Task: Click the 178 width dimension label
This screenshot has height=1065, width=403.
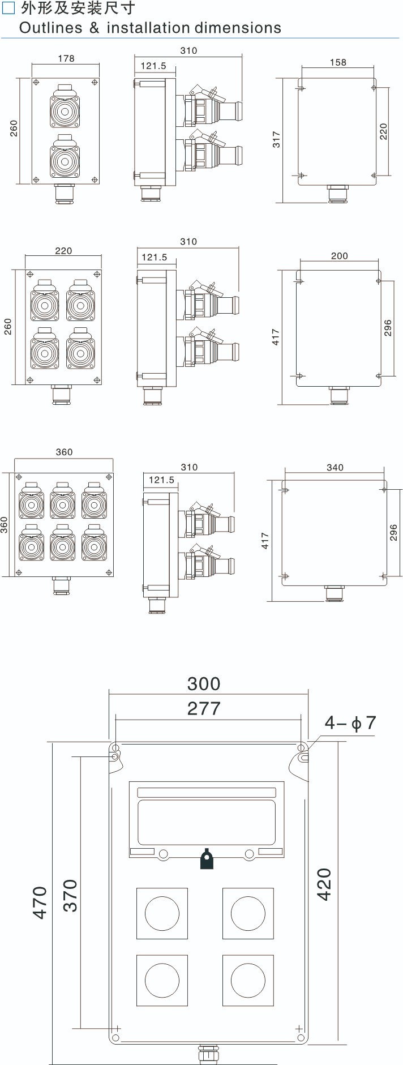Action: click(x=66, y=58)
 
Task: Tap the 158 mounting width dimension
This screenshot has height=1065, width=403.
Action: click(x=338, y=62)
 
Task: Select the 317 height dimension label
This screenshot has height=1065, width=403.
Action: click(x=276, y=139)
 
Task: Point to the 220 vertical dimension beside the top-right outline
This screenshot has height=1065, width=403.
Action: click(x=384, y=132)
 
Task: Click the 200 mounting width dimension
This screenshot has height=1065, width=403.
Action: click(x=339, y=256)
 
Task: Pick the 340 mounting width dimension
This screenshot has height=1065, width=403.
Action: click(x=335, y=467)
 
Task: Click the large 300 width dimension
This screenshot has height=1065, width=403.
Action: click(x=204, y=683)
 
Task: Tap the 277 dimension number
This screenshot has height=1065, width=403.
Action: click(x=204, y=708)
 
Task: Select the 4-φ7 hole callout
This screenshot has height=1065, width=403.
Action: click(x=350, y=723)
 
